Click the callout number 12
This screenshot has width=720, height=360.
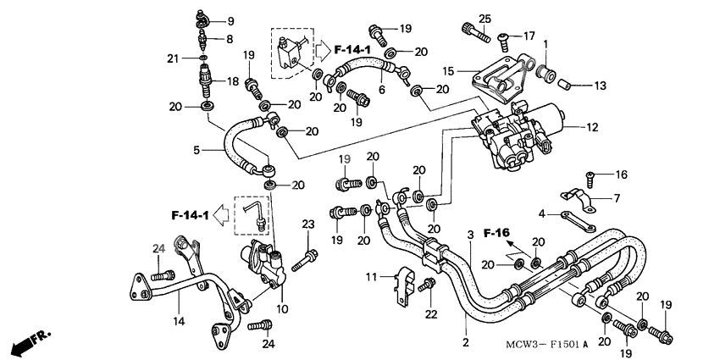pos(592,128)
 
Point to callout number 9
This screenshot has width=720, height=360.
pos(230,20)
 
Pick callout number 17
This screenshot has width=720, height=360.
pos(529,36)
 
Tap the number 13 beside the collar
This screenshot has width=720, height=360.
pos(601,86)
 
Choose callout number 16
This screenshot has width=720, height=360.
pos(622,175)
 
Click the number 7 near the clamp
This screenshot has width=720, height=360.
pos(617,198)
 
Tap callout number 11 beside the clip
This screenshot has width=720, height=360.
pos(371,277)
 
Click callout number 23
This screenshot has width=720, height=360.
pos(307,224)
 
